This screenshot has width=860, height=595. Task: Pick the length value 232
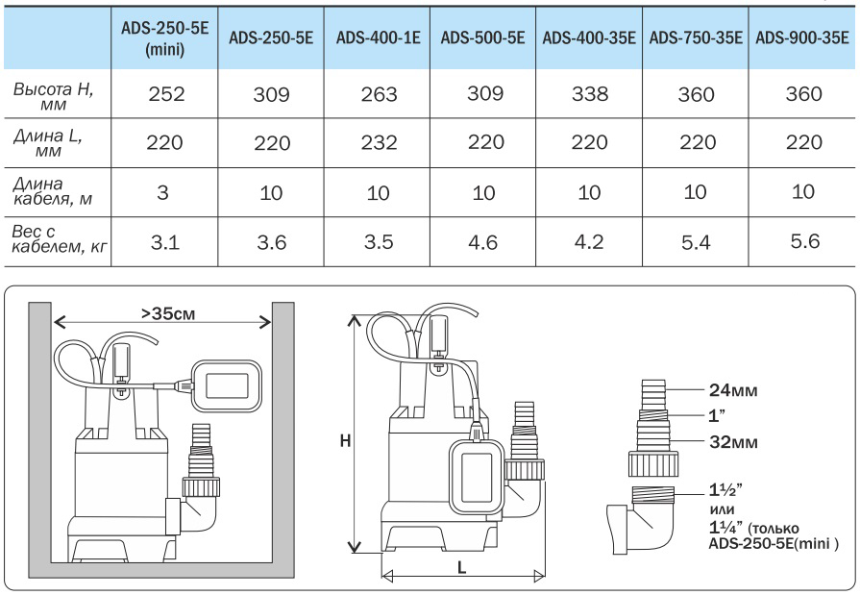[377, 143]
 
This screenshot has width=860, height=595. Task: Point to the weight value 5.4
[695, 242]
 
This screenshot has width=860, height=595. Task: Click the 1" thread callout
[716, 416]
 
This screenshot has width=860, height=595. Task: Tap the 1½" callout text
[723, 488]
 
